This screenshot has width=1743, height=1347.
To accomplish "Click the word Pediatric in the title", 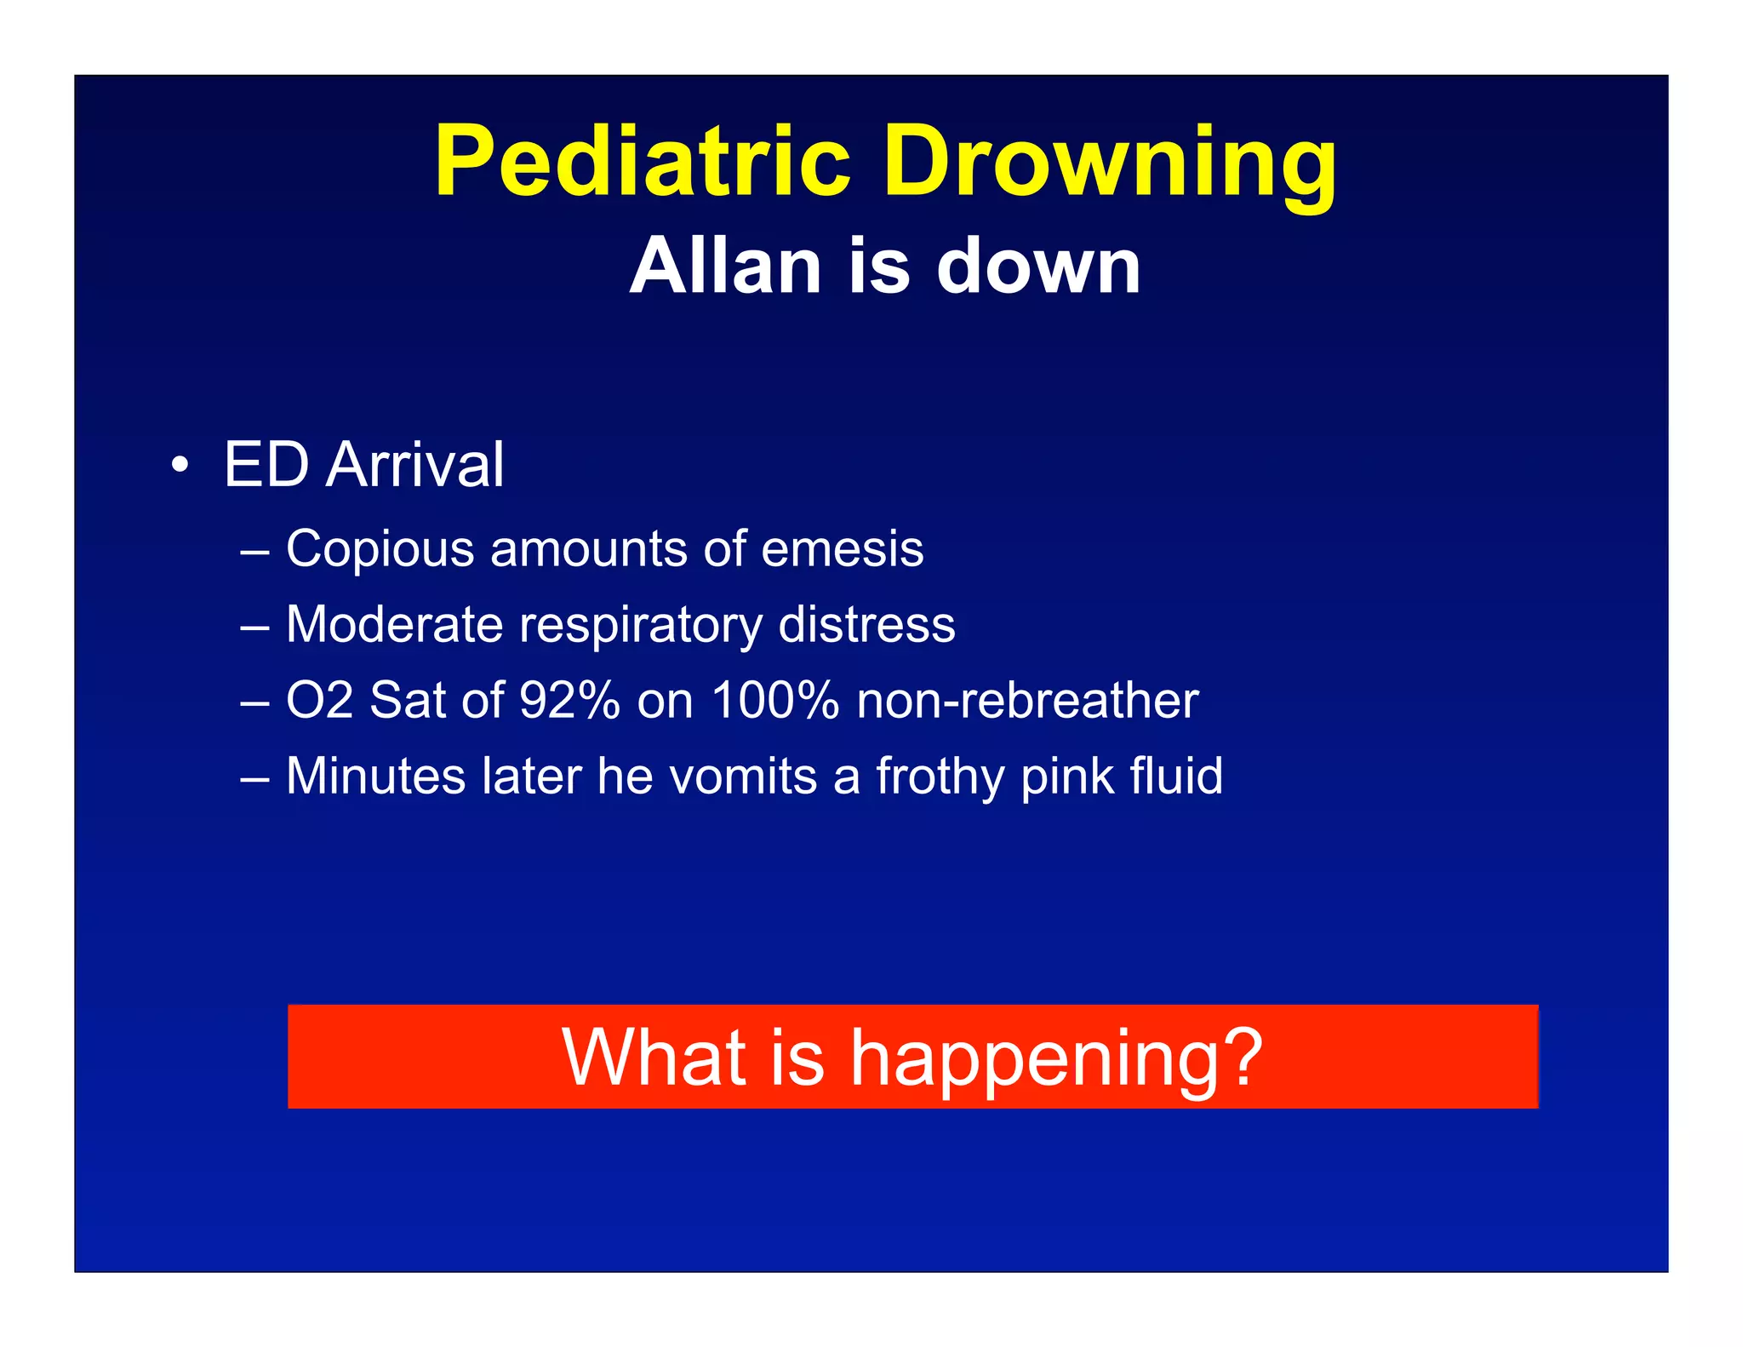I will coord(643,161).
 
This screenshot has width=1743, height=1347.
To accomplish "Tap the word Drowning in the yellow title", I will coord(1110,161).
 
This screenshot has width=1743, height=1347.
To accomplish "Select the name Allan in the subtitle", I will coord(726,267).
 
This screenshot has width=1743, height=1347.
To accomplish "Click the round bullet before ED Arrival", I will coord(179,466).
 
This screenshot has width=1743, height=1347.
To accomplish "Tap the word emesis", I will coord(842,549).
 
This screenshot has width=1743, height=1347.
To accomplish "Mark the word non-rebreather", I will coord(1027,701).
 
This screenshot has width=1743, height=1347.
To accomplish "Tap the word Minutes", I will coord(375,777).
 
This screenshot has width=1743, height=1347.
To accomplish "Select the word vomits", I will coord(743,777).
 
